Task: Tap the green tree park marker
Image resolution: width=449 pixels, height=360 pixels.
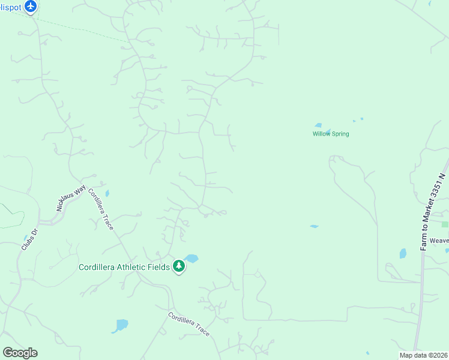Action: pos(178,266)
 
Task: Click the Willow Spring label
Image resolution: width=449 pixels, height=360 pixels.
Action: pos(330,134)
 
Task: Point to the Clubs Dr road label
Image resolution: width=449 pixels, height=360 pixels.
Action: pos(29,239)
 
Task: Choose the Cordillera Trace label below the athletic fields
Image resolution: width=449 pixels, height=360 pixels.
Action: pos(188,324)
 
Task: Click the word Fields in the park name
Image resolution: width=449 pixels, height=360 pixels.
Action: pos(157,266)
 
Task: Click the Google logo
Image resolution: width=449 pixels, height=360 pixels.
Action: pos(20,353)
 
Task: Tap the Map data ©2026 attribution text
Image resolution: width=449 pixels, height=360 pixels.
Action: pos(423,355)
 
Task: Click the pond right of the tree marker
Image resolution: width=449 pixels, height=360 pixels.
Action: pos(191,259)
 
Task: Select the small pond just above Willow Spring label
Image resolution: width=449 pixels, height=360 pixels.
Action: pos(318,125)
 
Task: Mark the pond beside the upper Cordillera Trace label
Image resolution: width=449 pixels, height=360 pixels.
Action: pos(107,193)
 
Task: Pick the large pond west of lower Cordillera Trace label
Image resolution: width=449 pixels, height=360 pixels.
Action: pos(121,325)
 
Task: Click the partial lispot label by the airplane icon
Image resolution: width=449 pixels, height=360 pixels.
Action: pos(11,7)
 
